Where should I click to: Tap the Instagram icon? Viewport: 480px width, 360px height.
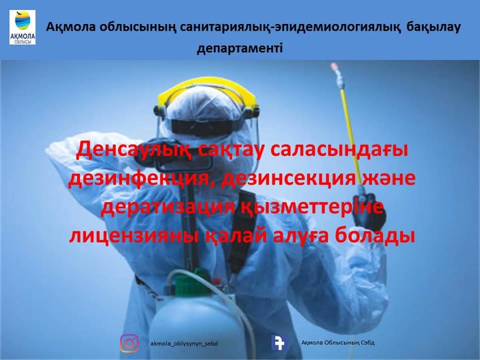129,343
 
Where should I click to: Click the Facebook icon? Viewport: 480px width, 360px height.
279,343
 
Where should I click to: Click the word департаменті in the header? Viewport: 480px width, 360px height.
240,49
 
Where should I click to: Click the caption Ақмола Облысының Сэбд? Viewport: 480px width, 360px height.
337,343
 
